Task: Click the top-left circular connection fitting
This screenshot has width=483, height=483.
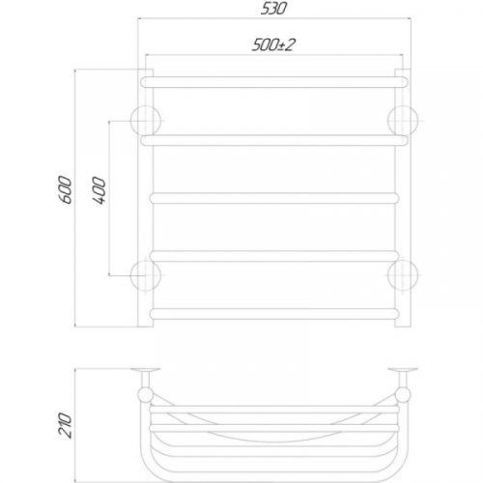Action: click(x=147, y=120)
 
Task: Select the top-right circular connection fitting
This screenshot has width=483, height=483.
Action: click(x=401, y=120)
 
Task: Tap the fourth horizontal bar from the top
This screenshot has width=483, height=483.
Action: click(x=273, y=255)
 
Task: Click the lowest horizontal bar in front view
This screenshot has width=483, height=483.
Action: click(x=273, y=312)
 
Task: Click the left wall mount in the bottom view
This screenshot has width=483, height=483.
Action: click(x=148, y=374)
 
